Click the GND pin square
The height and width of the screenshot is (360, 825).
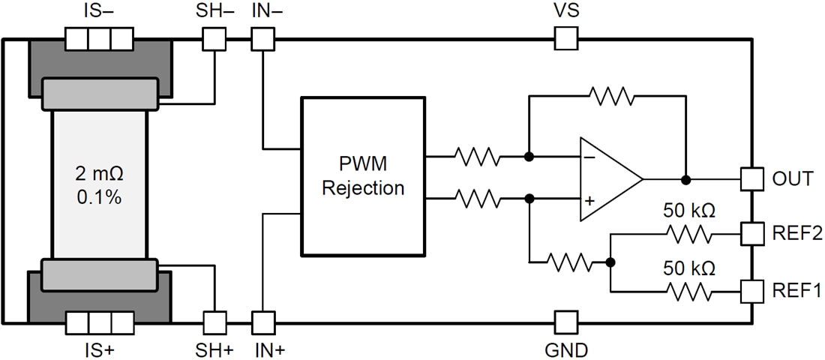click(565, 323)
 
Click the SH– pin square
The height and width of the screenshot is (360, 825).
click(215, 38)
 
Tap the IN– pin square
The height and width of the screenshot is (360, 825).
click(262, 38)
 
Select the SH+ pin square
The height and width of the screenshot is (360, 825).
click(215, 323)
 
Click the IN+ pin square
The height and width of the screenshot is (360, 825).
click(262, 323)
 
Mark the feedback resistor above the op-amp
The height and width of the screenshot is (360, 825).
click(611, 96)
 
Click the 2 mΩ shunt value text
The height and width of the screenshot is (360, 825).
click(100, 174)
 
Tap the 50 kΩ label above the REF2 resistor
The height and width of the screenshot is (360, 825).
click(688, 211)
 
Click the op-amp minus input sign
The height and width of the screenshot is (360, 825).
click(589, 158)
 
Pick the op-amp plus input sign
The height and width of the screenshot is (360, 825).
click(589, 201)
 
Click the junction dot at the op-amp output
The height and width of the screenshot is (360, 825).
click(685, 180)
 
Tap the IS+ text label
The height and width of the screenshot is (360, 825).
click(99, 349)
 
